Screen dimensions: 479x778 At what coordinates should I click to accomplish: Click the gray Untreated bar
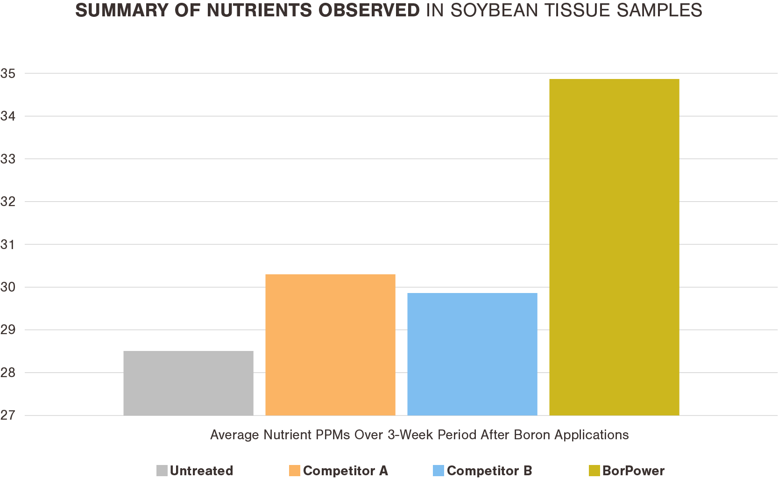point(188,383)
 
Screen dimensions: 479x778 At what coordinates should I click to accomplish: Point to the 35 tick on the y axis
point(8,73)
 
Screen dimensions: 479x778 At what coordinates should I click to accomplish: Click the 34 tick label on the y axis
point(8,116)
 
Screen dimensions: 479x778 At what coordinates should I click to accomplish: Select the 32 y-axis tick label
point(8,202)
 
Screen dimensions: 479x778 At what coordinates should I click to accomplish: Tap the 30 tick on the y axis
point(8,287)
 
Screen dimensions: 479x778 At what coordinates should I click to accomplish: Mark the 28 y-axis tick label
point(8,373)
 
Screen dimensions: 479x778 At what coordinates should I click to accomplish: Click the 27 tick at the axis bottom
point(8,415)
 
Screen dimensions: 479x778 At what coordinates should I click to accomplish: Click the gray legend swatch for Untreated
point(162,471)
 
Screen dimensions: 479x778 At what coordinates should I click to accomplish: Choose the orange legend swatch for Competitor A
point(295,471)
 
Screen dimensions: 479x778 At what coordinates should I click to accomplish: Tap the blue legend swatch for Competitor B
point(439,471)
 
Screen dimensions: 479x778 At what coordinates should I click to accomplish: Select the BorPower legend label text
point(633,471)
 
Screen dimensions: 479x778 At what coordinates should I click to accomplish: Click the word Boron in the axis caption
point(532,435)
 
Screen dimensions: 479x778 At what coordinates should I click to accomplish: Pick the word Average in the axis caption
point(234,435)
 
